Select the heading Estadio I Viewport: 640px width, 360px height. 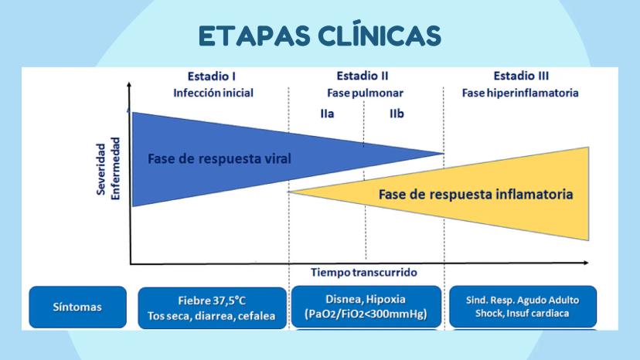click(x=212, y=76)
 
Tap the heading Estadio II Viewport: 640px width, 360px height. click(x=363, y=76)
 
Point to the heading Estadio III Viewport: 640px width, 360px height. click(x=521, y=76)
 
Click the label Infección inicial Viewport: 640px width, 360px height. click(x=213, y=93)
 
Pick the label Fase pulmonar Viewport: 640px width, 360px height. click(x=366, y=93)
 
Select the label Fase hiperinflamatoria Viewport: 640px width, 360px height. click(x=520, y=93)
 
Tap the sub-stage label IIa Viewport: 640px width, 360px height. click(x=327, y=114)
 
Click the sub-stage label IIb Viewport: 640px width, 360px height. click(x=397, y=114)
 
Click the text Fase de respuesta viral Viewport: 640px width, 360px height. click(x=220, y=159)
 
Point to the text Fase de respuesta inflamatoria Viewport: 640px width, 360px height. click(x=475, y=194)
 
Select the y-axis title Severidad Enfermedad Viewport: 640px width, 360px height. click(x=108, y=168)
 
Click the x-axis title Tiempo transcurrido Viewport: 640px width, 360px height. click(x=364, y=272)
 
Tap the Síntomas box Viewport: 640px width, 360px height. click(x=77, y=307)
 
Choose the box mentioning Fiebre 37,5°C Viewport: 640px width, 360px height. click(x=213, y=308)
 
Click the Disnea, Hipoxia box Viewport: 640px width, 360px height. click(x=366, y=307)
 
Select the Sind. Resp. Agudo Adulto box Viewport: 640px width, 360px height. click(x=523, y=307)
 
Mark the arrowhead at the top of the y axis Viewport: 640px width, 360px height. click(x=129, y=84)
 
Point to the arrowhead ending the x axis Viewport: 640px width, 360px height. click(x=585, y=263)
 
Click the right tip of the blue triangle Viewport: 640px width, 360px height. click(x=443, y=154)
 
